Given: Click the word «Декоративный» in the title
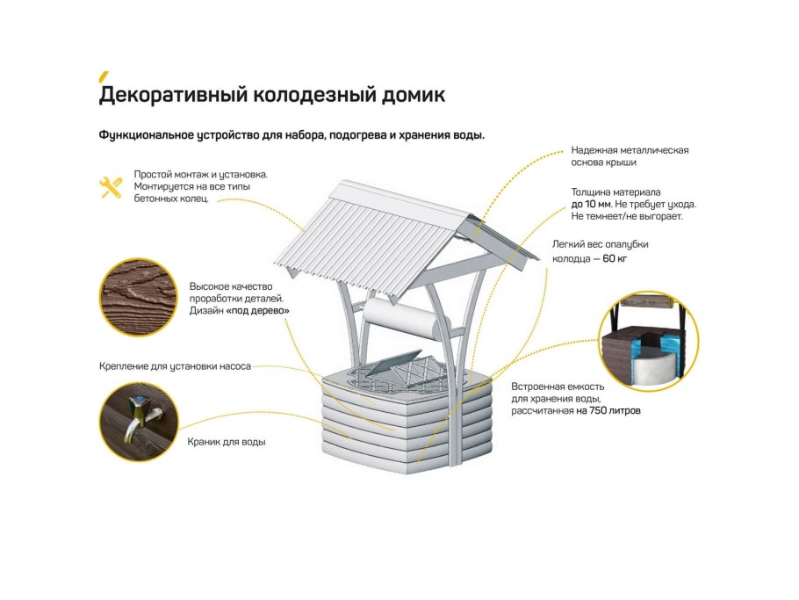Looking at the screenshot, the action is pyautogui.click(x=173, y=96).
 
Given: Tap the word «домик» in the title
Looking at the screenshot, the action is pyautogui.click(x=414, y=96).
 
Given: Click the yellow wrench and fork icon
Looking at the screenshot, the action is pyautogui.click(x=112, y=187).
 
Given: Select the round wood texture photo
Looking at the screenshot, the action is pyautogui.click(x=138, y=298).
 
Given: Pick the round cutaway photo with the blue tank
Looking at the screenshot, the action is pyautogui.click(x=648, y=341).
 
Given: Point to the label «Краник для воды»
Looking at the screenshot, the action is pyautogui.click(x=227, y=442).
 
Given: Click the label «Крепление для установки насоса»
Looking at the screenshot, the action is pyautogui.click(x=175, y=366).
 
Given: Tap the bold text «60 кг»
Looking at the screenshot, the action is pyautogui.click(x=615, y=258).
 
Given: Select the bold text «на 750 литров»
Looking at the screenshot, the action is pyautogui.click(x=608, y=410).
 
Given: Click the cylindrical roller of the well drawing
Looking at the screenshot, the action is pyautogui.click(x=407, y=319).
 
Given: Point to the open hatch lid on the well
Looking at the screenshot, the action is pyautogui.click(x=394, y=364).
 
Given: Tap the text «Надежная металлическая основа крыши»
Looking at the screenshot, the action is pyautogui.click(x=630, y=156).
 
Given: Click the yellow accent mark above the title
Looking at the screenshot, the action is pyautogui.click(x=104, y=76).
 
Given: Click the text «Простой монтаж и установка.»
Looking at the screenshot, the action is pyautogui.click(x=201, y=174).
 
